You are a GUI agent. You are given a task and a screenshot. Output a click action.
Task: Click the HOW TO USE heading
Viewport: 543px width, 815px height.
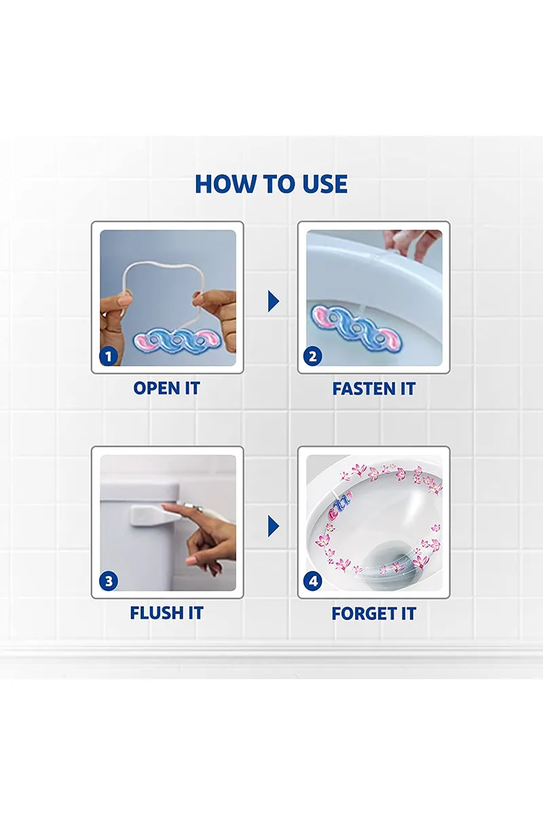(271, 184)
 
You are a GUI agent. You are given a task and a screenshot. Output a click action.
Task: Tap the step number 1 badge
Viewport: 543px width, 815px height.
(109, 356)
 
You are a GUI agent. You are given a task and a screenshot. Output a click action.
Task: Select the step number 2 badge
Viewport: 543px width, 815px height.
(312, 356)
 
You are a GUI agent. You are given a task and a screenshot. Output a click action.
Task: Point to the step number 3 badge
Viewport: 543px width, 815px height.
(109, 581)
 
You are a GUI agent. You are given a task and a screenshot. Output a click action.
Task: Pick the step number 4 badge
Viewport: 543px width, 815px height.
(312, 581)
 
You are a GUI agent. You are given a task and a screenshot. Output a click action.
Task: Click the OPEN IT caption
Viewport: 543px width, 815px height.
(167, 388)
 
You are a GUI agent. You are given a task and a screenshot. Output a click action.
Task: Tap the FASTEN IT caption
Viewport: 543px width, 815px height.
(374, 388)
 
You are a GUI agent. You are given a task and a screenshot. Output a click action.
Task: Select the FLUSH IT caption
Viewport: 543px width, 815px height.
(166, 613)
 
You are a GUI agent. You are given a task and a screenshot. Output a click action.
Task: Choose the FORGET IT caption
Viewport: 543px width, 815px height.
(374, 613)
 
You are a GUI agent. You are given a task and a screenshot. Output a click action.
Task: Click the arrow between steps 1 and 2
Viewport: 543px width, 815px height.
(273, 301)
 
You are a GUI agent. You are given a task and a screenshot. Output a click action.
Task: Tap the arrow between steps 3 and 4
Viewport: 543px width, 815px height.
(273, 526)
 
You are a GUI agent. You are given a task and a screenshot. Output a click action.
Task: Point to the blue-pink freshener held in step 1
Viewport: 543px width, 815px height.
(176, 340)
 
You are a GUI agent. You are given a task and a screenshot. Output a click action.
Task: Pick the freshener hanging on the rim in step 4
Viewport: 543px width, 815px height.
(339, 505)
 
